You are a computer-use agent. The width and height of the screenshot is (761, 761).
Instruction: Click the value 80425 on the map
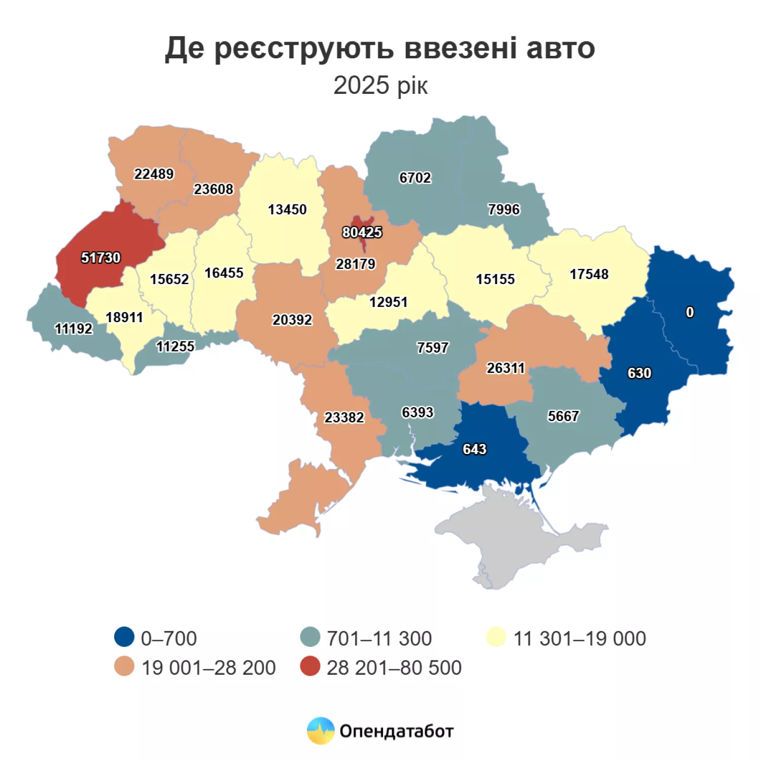362,232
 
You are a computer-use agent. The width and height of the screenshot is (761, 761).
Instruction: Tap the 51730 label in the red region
100,258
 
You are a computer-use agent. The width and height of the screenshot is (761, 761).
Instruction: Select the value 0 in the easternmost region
689,313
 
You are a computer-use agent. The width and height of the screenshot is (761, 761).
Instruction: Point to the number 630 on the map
639,373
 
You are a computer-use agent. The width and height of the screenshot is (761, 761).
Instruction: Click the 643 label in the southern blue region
474,449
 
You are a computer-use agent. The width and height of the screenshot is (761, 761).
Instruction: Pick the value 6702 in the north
414,178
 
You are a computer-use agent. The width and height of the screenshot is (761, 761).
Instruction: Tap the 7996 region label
503,210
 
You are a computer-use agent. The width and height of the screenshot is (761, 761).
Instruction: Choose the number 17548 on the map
589,274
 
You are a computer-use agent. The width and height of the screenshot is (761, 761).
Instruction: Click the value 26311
505,368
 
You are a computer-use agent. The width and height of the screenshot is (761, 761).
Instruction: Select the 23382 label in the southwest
344,418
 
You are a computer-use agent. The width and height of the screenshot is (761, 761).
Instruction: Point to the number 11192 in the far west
74,329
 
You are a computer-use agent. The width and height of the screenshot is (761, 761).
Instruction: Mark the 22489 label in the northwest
153,175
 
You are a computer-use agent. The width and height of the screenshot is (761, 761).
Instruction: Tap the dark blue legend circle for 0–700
124,637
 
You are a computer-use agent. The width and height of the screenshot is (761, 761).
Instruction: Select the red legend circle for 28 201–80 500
310,667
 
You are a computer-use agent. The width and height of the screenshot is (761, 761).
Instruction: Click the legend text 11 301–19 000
579,639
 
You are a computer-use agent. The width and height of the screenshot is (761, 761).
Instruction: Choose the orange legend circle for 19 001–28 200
124,667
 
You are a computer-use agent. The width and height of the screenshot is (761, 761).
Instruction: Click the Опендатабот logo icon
321,731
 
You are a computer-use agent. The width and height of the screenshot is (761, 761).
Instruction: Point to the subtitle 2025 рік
380,86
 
